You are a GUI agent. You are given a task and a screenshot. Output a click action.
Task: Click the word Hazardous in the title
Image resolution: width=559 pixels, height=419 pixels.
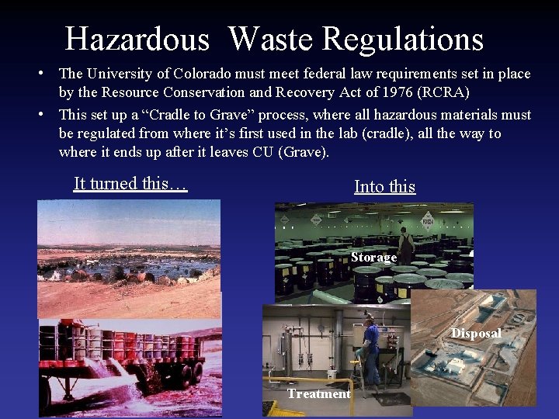(x=137, y=39)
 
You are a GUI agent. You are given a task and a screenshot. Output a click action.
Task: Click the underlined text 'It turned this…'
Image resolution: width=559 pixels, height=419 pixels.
(x=130, y=184)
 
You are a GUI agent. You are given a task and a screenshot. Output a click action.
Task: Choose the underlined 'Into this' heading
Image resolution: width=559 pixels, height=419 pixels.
(x=384, y=186)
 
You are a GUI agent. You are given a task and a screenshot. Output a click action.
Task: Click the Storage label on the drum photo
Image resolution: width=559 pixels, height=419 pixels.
(x=373, y=257)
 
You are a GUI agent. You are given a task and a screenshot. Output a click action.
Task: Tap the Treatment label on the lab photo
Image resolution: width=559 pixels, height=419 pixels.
(x=318, y=393)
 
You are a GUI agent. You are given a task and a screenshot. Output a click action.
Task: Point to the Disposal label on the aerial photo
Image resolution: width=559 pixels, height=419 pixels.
(x=476, y=334)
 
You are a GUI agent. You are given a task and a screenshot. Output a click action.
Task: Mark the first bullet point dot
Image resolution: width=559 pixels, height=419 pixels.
(x=47, y=74)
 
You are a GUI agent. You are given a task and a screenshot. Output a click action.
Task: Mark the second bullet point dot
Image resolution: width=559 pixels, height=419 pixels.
(x=47, y=115)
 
